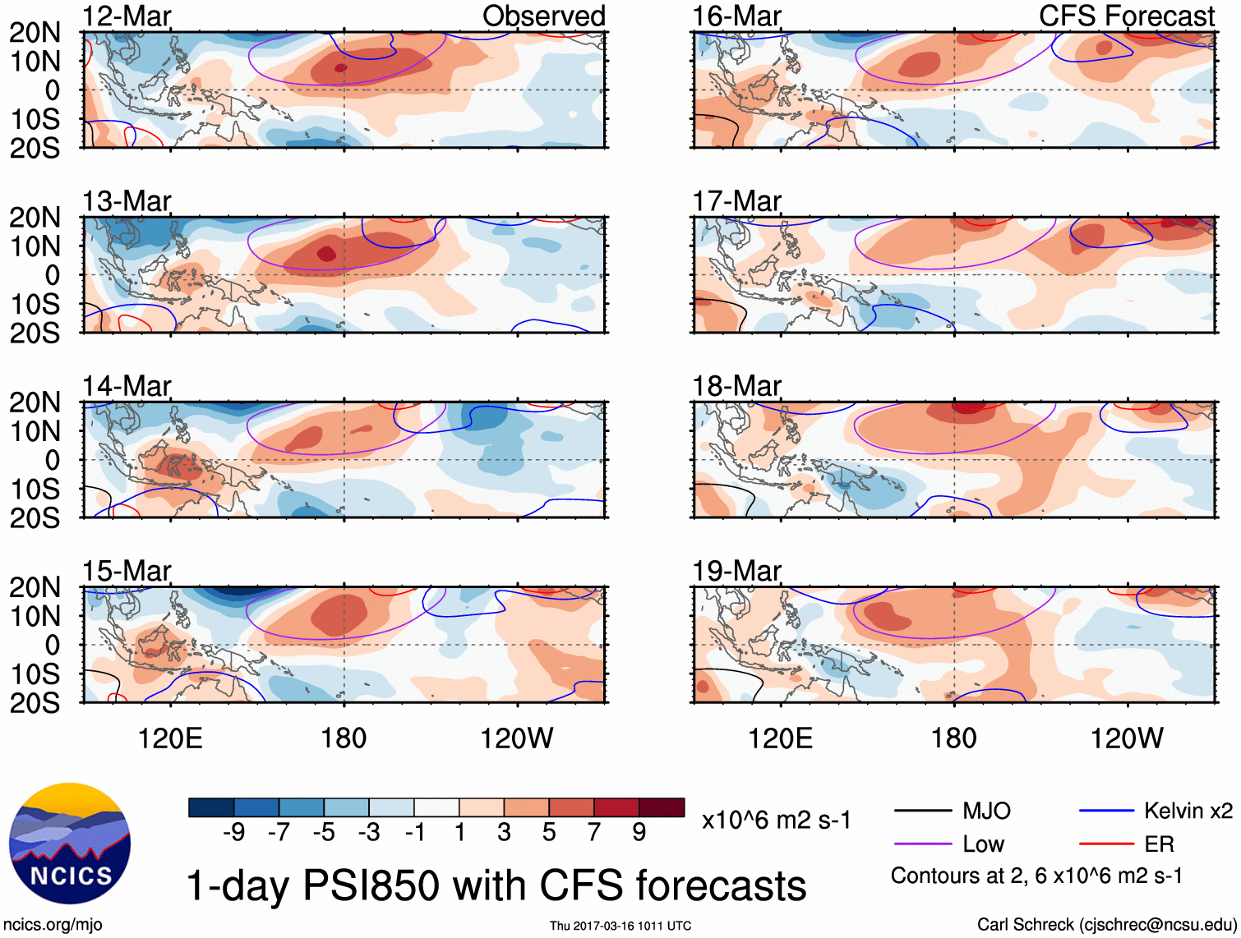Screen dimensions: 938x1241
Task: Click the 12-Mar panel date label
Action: (x=127, y=16)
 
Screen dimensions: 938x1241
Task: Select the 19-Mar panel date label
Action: (x=736, y=571)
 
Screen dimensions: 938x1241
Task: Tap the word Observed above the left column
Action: (x=543, y=16)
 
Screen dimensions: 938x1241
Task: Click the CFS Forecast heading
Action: (x=1126, y=16)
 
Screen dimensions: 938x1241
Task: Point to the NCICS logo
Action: (x=70, y=844)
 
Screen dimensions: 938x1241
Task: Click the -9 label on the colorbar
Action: (x=234, y=833)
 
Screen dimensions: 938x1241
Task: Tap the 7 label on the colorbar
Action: (x=594, y=833)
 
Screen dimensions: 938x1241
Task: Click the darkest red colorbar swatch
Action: (x=662, y=807)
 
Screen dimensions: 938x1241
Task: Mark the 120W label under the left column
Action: (x=517, y=738)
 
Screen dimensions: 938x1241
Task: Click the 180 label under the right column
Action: (x=953, y=738)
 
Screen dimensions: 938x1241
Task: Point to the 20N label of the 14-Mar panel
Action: (x=35, y=402)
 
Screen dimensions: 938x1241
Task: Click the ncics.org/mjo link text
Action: (x=53, y=925)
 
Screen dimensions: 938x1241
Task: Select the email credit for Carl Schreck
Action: (x=1106, y=925)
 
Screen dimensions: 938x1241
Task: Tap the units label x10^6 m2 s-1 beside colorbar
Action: (x=776, y=821)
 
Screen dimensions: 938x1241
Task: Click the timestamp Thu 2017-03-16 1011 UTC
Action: (x=620, y=927)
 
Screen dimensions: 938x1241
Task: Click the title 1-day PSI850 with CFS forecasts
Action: (x=496, y=886)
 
